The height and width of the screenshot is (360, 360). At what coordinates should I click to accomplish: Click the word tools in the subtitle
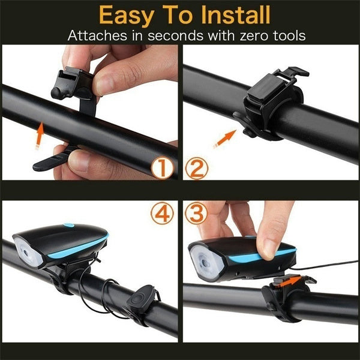284,35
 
